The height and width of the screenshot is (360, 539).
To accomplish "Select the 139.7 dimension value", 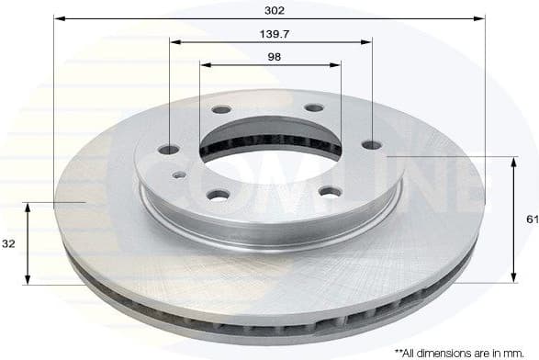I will pos(272,34).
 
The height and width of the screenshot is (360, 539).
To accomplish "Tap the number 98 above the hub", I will pos(273,57).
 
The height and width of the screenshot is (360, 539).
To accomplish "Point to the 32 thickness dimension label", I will pos(8,244).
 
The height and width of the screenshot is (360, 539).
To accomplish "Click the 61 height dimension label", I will pos(531,219).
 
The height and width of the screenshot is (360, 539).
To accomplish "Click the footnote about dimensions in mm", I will pos(464,351).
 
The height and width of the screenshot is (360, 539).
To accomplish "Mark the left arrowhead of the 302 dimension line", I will pos(59,18).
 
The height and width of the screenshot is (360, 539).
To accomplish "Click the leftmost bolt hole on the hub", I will pos(168,149).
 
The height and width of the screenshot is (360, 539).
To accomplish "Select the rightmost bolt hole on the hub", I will pos(370,144).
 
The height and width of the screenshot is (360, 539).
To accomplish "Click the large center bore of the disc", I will pos(271,147).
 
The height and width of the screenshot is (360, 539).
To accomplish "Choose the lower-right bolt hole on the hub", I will pos(330,191).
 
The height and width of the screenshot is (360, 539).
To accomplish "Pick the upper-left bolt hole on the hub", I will pos(221,109).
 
